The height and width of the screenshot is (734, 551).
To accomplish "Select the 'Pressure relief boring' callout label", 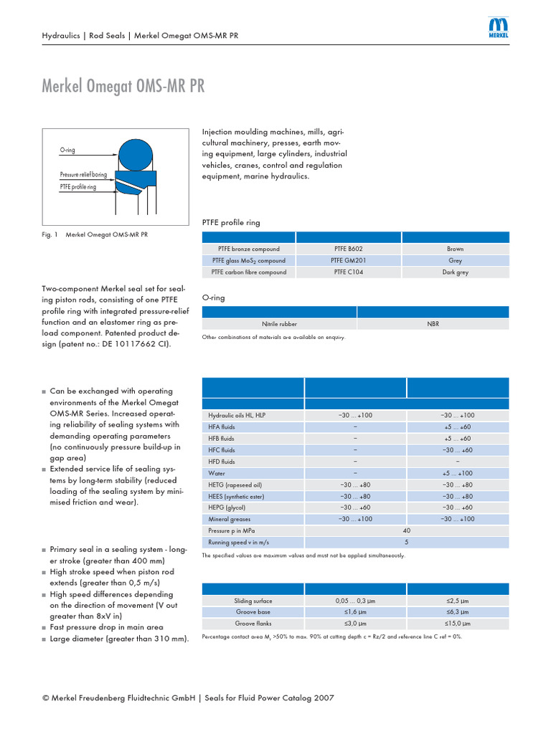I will point(83,175).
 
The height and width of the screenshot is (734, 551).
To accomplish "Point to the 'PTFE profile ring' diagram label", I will point(78,186).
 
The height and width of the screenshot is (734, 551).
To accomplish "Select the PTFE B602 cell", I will point(348,249).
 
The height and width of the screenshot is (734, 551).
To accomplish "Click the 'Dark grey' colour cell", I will point(455,272).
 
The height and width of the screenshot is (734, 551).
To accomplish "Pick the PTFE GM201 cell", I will point(348,261).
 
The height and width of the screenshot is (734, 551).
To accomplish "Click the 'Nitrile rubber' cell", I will point(280,324).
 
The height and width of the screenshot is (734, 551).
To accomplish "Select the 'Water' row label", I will point(217,473).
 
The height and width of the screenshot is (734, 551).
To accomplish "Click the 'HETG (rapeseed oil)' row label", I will point(235,485).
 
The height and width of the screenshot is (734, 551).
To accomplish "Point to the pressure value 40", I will point(407,530).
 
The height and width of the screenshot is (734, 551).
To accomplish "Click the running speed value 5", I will point(407,542).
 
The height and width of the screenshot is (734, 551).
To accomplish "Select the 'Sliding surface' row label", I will point(253,601).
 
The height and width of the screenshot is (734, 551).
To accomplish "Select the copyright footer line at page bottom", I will point(189,697).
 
